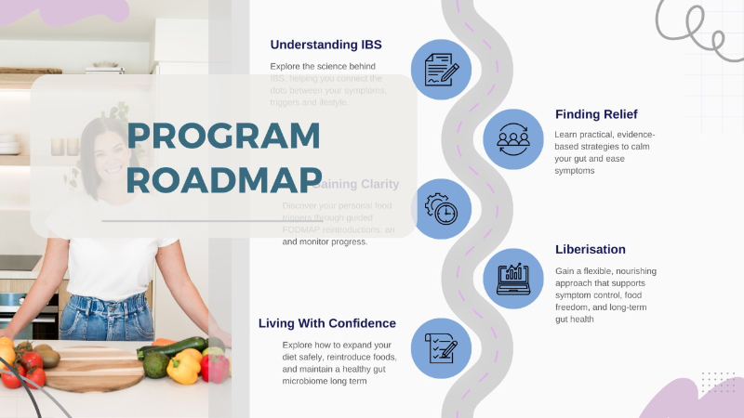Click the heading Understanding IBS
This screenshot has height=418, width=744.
coord(325,45)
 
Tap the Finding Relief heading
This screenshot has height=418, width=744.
coord(596,114)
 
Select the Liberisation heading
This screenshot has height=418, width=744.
coord(591,249)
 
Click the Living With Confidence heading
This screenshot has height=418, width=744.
coord(327,323)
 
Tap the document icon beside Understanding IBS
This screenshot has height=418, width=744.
coord(441,70)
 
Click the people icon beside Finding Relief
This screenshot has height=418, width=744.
coord(514,138)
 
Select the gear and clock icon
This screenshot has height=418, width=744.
coord(441,209)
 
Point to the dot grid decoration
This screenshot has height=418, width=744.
coord(717,382)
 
